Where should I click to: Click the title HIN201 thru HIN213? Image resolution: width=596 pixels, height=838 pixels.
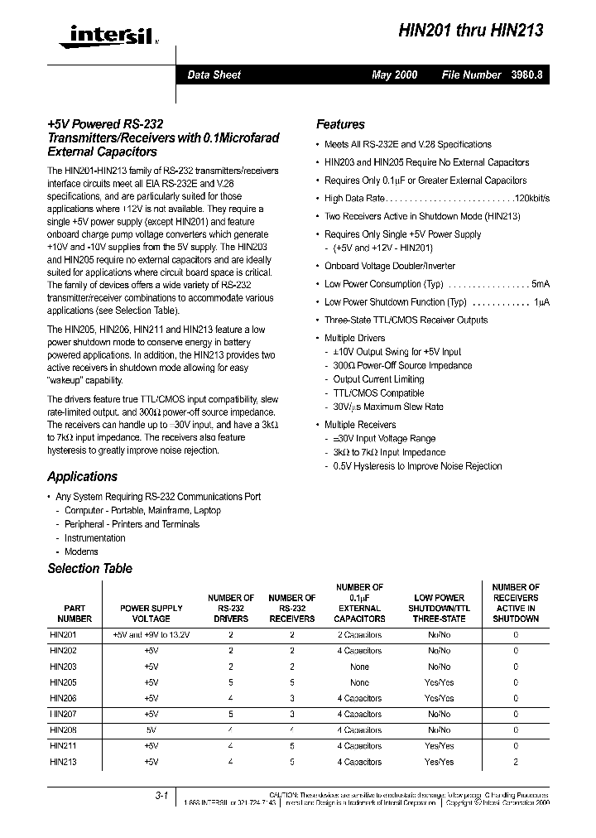(x=471, y=31)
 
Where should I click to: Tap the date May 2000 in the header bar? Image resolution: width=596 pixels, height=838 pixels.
(x=395, y=75)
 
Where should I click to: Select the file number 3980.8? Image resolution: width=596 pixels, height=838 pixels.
(x=526, y=75)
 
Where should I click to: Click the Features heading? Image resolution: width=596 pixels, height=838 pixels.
(x=340, y=124)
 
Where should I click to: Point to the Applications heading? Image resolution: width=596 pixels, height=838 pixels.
(x=82, y=476)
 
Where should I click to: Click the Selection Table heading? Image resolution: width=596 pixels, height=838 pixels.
(x=89, y=569)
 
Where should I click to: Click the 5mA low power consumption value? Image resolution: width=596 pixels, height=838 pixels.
(x=541, y=283)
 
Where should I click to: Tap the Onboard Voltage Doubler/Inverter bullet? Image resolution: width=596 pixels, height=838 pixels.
(x=396, y=266)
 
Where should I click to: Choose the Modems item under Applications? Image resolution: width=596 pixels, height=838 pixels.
(x=81, y=551)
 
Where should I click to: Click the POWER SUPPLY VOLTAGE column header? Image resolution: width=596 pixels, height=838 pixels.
(x=151, y=613)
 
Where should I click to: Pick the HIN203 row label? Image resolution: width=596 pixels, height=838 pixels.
(x=64, y=667)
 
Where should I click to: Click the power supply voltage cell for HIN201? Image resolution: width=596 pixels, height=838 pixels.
(x=151, y=635)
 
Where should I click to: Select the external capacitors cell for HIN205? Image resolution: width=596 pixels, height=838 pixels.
(x=359, y=683)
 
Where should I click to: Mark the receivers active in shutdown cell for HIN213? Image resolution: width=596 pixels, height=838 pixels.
(x=516, y=762)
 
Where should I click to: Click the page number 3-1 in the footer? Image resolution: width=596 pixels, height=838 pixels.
(x=161, y=796)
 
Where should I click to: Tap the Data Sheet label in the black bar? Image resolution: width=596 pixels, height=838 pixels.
(x=214, y=75)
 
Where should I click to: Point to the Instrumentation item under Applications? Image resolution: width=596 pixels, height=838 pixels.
(x=95, y=538)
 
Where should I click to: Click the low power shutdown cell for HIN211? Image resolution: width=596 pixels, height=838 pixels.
(x=440, y=746)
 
